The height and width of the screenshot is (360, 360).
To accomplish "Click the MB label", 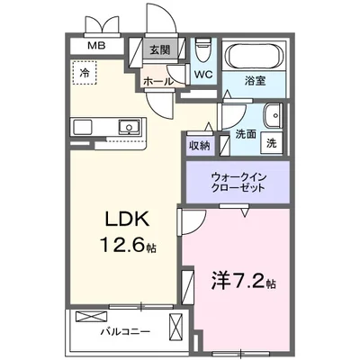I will coord(94,46).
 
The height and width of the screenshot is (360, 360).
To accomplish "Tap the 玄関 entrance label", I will coord(159,50).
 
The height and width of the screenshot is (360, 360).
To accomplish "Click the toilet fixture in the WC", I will coord(202,46).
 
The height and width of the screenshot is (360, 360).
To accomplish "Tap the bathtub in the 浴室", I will coord(253,55).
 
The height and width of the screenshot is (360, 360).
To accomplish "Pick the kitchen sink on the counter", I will coord(130,127).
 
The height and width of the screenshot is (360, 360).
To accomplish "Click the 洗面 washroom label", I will coord(246,134).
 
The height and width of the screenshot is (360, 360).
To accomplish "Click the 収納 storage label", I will coord(200,145).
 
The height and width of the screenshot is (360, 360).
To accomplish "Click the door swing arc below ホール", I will coord(162,104).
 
